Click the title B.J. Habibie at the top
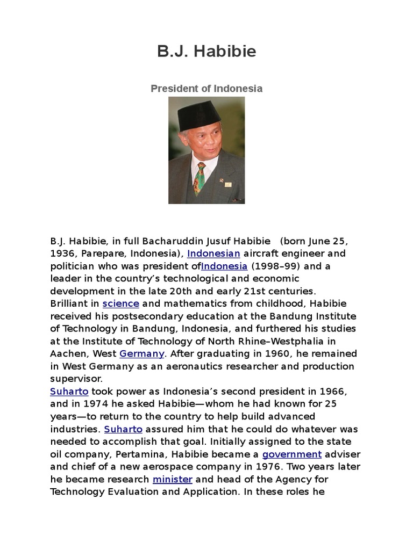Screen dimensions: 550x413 [206, 52]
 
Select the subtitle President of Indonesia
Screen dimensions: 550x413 [206, 89]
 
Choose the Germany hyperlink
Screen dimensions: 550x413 [141, 353]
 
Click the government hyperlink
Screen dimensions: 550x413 [291, 454]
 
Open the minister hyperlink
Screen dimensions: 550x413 [172, 479]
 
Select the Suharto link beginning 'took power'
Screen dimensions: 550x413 [69, 391]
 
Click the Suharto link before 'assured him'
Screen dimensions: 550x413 [123, 429]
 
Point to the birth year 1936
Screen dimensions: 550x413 [62, 253]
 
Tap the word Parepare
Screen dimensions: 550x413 [102, 253]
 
